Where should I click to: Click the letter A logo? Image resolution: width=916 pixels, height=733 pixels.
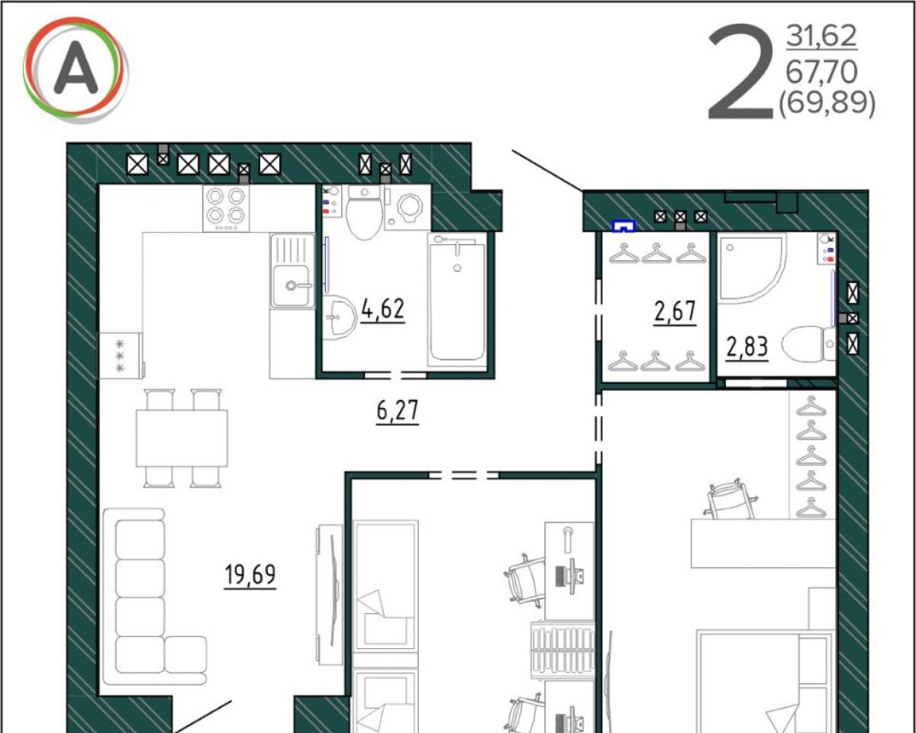(76, 69)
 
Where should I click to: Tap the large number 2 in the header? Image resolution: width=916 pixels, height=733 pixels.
(740, 72)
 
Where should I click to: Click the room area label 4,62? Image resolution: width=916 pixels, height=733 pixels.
(382, 309)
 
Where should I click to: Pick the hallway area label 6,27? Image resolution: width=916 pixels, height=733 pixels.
(398, 410)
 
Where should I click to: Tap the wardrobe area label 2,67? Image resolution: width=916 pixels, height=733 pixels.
(675, 312)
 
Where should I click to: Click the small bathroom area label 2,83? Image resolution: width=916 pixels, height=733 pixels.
(747, 347)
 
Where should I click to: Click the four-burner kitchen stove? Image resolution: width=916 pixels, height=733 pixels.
(226, 208)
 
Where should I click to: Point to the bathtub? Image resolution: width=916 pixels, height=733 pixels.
(457, 300)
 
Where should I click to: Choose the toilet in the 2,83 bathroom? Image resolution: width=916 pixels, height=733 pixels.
(808, 344)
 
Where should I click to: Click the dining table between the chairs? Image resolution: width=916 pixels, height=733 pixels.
(182, 438)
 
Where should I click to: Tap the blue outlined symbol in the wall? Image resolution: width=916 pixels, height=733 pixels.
(624, 226)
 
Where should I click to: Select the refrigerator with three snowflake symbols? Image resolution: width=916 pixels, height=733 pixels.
(121, 355)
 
